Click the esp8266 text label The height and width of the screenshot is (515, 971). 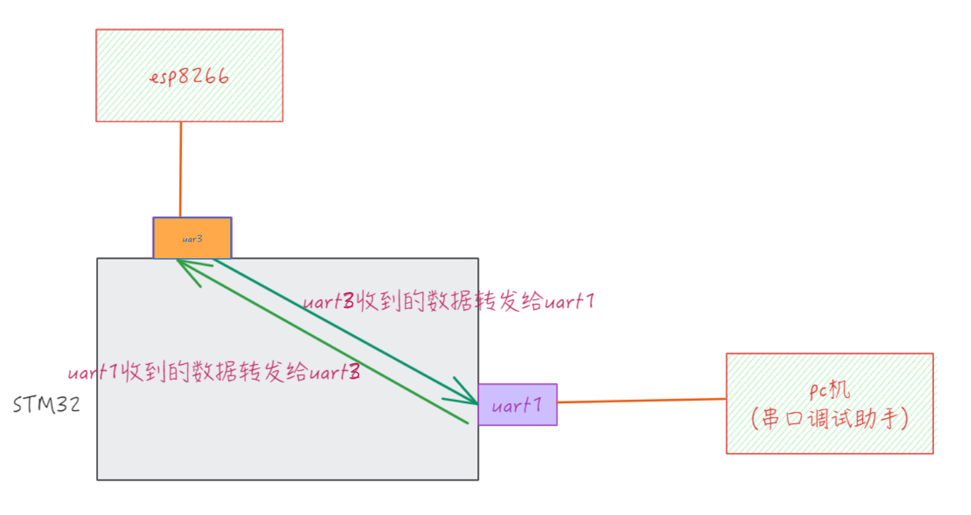click(x=190, y=76)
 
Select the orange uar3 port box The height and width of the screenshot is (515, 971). click(x=192, y=238)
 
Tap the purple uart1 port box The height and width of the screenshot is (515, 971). click(x=517, y=404)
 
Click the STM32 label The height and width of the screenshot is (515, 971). click(x=46, y=404)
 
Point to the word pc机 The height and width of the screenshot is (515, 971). click(x=829, y=391)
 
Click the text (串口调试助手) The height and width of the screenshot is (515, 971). click(x=829, y=419)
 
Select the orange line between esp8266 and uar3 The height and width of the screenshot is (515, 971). click(x=180, y=169)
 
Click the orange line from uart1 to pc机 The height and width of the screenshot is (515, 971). click(x=642, y=400)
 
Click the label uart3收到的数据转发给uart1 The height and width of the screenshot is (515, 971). click(x=449, y=303)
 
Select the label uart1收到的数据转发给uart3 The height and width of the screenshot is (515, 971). click(x=214, y=373)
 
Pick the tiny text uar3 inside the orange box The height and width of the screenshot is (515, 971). click(x=192, y=239)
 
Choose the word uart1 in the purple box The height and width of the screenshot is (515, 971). click(x=516, y=404)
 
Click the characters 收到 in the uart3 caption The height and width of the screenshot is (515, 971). click(x=377, y=303)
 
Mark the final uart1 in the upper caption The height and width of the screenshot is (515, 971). click(x=568, y=303)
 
